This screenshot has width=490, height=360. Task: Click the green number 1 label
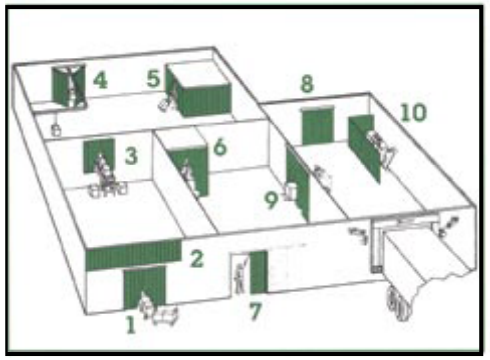pos(131,325)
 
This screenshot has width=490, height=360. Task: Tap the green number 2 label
pos(197,258)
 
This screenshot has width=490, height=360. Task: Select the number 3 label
pos(131,155)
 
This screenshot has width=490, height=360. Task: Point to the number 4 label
pos(100,80)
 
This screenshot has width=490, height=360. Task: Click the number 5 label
pos(153,79)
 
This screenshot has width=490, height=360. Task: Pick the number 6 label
pos(220,147)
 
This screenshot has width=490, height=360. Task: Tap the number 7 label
pos(256,311)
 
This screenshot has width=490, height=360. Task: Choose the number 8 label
pos(307,84)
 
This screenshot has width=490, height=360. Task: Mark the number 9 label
pos(271,200)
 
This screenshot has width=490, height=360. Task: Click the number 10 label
pos(413,112)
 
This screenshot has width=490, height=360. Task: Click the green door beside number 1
pos(144,287)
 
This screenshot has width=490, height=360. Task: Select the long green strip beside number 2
pos(134,255)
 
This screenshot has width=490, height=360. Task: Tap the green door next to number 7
pos(258,272)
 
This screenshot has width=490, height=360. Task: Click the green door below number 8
pos(317,126)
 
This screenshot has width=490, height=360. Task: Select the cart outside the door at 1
pos(165,316)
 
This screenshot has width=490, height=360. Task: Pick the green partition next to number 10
pos(364,148)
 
